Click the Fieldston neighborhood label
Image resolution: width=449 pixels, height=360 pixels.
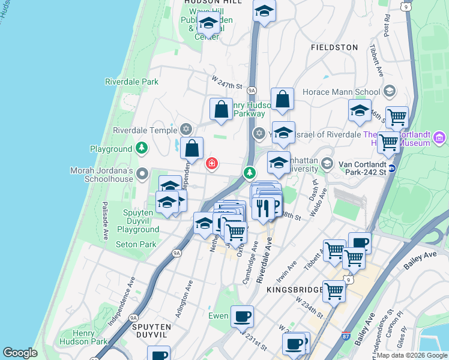tap(334, 47)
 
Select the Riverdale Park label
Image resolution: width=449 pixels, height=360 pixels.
tap(131, 82)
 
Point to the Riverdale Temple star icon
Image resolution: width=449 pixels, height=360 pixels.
tap(186, 130)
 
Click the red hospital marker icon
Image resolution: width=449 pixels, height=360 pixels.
tap(212, 163)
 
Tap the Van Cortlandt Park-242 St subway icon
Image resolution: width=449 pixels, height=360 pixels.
tap(391, 168)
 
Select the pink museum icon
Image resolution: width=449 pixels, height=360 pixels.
tap(439, 139)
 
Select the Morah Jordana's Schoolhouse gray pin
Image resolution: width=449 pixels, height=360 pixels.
tap(142, 174)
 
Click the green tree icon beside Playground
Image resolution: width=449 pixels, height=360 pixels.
tap(142, 148)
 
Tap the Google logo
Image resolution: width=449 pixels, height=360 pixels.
tap(20, 353)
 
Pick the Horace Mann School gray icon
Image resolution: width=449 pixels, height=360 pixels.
tap(389, 92)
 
